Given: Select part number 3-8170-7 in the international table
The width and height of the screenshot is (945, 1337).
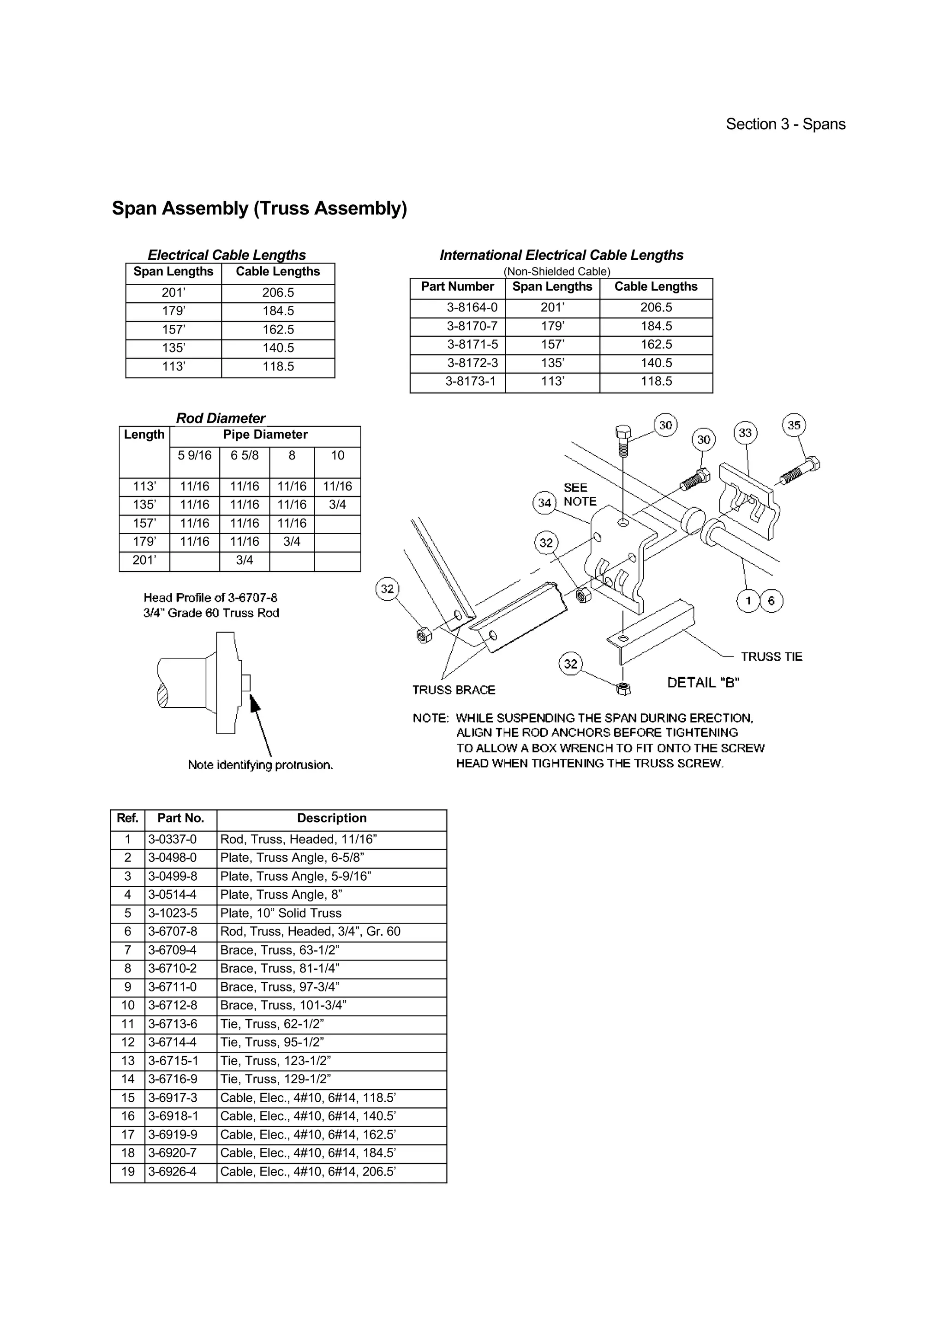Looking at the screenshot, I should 472,326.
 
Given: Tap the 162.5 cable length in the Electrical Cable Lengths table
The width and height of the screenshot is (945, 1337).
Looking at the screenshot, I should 278,329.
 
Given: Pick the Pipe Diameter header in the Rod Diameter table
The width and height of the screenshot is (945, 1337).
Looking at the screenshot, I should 265,435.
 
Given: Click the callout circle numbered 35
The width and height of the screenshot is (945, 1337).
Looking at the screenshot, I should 794,425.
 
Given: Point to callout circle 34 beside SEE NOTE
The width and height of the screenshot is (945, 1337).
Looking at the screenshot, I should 544,502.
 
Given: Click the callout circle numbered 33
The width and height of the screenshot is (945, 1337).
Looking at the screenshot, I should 745,433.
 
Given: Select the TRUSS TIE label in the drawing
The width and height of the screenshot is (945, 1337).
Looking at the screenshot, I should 771,657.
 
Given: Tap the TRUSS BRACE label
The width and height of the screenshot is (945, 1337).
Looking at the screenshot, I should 454,690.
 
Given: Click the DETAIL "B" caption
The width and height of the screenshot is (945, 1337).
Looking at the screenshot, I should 703,682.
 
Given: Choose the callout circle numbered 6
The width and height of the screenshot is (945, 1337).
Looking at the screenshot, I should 772,601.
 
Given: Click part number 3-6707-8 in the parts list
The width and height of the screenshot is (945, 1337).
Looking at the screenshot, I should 173,932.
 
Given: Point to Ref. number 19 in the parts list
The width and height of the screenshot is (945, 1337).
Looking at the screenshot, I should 127,1172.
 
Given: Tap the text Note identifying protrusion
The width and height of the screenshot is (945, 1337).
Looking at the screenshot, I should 260,765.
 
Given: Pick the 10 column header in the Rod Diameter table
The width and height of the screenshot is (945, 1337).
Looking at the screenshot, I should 338,455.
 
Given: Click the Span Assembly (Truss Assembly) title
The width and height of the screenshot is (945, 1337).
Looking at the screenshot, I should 259,209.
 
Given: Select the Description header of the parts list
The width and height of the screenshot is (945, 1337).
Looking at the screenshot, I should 331,818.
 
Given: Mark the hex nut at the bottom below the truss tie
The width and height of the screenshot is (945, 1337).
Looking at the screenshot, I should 623,689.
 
